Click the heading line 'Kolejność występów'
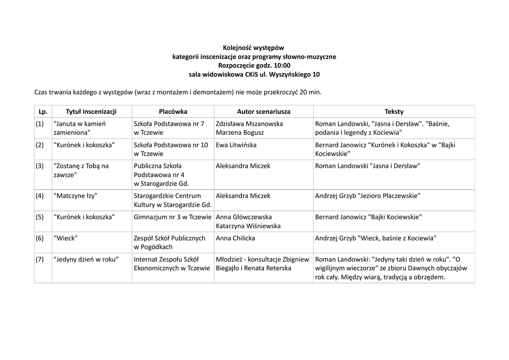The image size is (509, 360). [254, 48]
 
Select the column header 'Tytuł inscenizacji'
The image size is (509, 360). [91, 111]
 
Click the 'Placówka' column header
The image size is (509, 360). [173, 111]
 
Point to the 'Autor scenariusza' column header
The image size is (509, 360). [263, 111]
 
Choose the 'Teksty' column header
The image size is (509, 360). [394, 111]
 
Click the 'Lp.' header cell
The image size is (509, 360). [43, 111]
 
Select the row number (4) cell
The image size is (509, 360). [40, 196]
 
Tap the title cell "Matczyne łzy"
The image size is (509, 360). [76, 196]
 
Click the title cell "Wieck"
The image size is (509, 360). [65, 238]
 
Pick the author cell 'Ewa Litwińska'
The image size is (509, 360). [236, 145]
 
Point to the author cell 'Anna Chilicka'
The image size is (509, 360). [235, 238]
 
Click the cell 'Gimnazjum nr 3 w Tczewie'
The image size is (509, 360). [173, 217]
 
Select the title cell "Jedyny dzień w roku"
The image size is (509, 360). [86, 259]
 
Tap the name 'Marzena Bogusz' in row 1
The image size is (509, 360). [240, 133]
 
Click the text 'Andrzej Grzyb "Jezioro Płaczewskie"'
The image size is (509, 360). [367, 196]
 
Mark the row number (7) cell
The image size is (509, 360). [40, 259]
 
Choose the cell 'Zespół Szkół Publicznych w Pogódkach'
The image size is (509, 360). [170, 242]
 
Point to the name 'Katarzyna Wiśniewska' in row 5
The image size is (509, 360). [248, 226]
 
